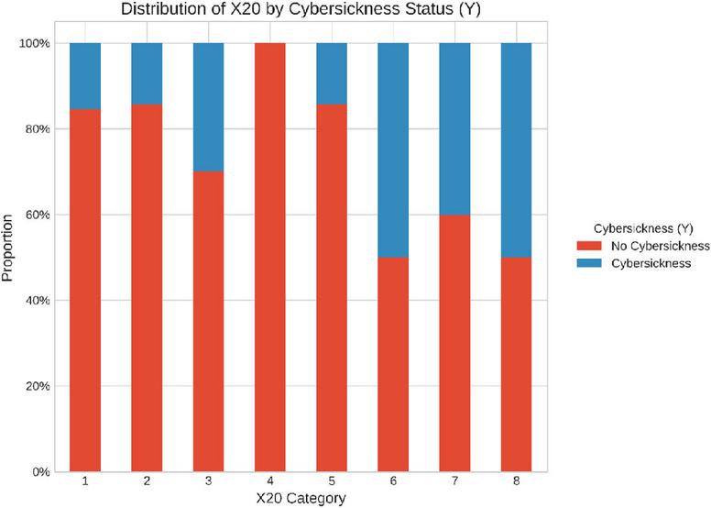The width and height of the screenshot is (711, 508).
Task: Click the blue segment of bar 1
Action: (85, 76)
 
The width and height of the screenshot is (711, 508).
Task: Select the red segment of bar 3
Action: (209, 322)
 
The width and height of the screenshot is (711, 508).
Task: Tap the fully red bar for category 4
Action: (270, 258)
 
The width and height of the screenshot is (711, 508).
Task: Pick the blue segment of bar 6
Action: (393, 150)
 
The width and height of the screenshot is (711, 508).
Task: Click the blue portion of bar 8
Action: (517, 150)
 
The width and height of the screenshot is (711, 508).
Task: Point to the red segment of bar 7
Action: (454, 343)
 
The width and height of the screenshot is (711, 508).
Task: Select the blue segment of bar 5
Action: (332, 73)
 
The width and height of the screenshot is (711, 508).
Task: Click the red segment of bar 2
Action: (147, 288)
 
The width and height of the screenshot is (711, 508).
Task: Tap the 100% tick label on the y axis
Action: (34, 44)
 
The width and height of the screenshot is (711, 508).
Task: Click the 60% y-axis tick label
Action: (37, 215)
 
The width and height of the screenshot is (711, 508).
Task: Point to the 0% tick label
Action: (40, 472)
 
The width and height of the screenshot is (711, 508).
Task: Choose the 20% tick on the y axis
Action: (37, 386)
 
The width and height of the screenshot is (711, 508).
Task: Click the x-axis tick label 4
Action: (270, 481)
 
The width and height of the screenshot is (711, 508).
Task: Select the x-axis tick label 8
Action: (517, 481)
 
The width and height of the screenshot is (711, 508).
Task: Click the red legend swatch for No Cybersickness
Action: (589, 246)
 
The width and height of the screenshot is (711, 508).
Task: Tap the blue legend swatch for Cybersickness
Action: (589, 263)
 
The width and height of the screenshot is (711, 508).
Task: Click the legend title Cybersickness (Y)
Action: (643, 229)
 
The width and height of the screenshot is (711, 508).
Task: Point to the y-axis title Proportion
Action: (7, 248)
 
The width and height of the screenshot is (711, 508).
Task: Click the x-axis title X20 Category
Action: (301, 499)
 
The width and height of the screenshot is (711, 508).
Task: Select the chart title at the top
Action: (301, 9)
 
